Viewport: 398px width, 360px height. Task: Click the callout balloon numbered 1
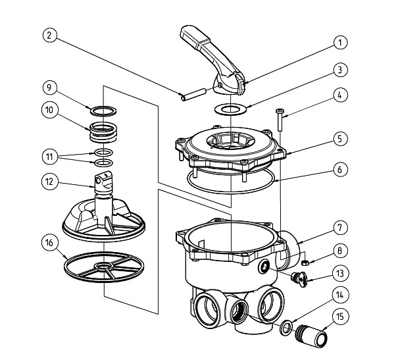coord(339,43)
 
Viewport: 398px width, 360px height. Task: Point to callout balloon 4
coord(339,95)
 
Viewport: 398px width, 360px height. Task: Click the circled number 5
coord(339,139)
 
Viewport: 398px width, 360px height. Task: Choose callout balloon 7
coord(339,228)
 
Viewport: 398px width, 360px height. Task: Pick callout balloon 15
coord(339,317)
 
